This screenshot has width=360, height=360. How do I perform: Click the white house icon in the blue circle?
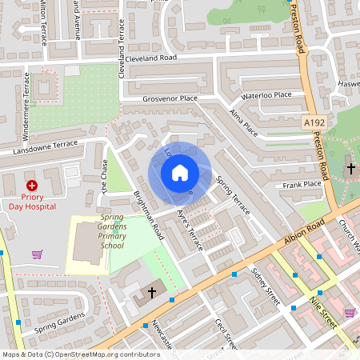click(180, 173)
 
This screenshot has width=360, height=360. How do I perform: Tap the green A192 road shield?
click(314, 122)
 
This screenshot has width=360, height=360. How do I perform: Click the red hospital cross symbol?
click(32, 185)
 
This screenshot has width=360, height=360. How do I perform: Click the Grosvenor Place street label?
click(170, 98)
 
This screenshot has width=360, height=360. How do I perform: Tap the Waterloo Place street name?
click(266, 94)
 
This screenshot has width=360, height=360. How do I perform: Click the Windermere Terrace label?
click(26, 95)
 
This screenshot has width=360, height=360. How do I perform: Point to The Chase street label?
click(103, 174)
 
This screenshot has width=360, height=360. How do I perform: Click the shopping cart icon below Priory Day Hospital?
click(37, 254)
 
